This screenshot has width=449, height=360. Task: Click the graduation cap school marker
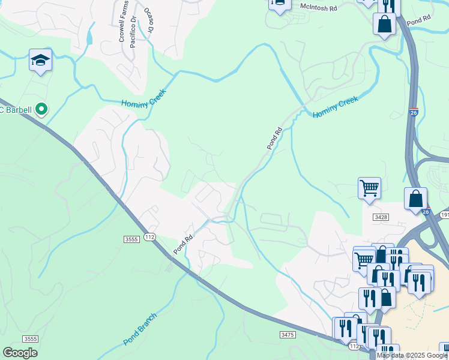(40, 61)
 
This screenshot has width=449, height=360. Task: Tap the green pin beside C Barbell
(41, 109)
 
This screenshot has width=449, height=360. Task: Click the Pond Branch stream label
(140, 329)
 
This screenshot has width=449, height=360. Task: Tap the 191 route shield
(444, 215)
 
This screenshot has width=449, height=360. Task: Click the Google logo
(20, 353)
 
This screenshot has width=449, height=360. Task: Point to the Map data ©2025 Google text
(412, 355)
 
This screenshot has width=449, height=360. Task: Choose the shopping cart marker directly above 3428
(369, 188)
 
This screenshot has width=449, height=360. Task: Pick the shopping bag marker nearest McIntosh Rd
(384, 25)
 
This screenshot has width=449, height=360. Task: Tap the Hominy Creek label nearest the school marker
(143, 96)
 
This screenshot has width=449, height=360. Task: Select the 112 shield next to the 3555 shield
(150, 238)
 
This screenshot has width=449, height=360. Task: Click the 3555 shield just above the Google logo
(31, 338)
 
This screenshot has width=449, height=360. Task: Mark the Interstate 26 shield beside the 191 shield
(425, 212)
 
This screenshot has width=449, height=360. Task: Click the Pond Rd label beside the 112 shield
(184, 243)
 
